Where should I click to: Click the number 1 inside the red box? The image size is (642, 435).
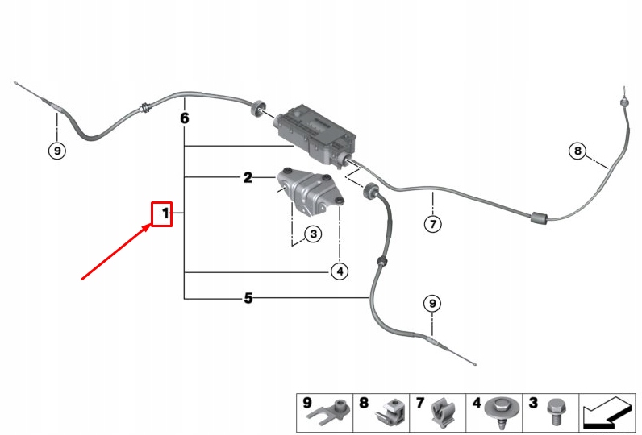(x=164, y=213)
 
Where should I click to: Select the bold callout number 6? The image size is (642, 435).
(x=184, y=118)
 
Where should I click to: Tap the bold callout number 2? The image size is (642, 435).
(x=248, y=177)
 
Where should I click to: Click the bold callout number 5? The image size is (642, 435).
(x=248, y=299)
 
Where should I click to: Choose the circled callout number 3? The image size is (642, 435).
(x=312, y=234)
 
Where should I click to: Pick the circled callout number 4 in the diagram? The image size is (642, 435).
(x=340, y=271)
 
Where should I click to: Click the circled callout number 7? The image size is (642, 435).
(x=433, y=223)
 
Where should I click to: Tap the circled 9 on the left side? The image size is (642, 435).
(x=56, y=150)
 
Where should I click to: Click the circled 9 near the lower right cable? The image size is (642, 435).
(x=432, y=303)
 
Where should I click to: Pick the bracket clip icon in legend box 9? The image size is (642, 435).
(x=333, y=412)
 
